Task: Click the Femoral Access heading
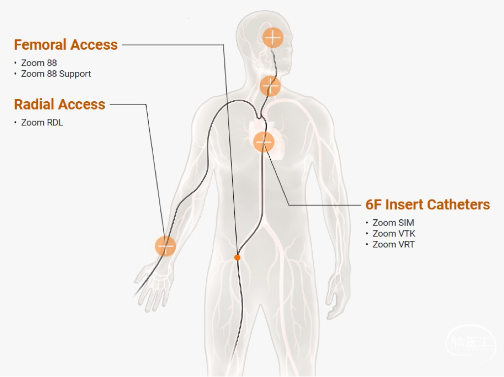65,45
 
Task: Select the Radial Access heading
60,104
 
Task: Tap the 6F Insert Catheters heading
427,204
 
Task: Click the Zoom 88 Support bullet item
56,74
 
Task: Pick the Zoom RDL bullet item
42,122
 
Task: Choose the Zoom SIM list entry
393,223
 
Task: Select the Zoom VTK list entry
393,233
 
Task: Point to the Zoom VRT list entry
393,244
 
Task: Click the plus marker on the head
273,37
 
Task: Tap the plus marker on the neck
270,86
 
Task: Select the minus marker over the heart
263,142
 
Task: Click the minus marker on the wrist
165,246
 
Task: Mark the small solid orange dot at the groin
237,257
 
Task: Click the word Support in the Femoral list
75,74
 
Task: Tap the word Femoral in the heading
40,45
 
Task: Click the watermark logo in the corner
470,343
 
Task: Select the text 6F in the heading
373,204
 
